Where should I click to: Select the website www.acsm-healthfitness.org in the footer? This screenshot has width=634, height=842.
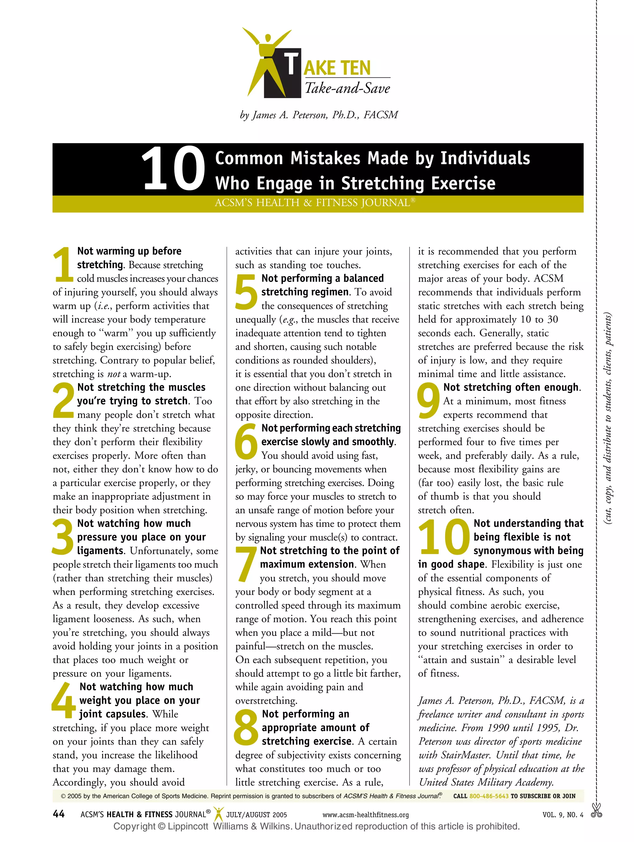point(365,815)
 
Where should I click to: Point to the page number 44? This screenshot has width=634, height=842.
point(59,814)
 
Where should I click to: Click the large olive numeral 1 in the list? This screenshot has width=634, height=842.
point(63,265)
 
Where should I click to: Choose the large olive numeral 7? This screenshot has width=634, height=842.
point(246,565)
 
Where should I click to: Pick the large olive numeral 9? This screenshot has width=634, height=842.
point(428,401)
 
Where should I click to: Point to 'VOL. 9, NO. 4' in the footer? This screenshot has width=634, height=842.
point(562,815)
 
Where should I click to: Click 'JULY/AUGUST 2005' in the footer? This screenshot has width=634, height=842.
point(257,815)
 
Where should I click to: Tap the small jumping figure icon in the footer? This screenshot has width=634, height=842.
point(218,814)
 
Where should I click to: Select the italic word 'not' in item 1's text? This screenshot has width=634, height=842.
point(113,374)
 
